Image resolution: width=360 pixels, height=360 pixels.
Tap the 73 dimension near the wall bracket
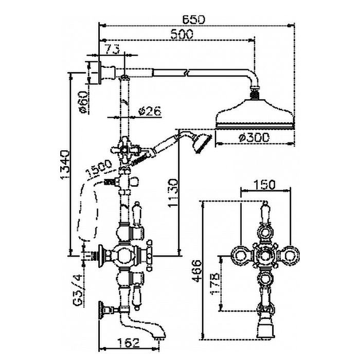click(113, 49)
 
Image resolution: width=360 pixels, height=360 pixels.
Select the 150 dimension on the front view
click(265, 185)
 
